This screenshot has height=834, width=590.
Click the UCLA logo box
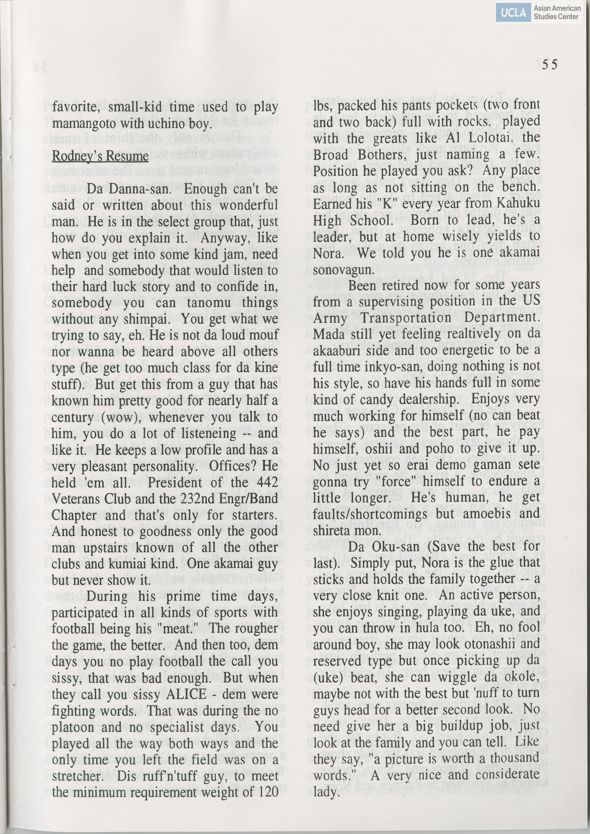coord(513,13)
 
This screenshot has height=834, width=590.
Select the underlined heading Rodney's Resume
coord(100,156)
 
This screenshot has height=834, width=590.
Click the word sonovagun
coord(343,270)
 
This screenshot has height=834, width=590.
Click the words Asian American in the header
coord(557,8)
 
